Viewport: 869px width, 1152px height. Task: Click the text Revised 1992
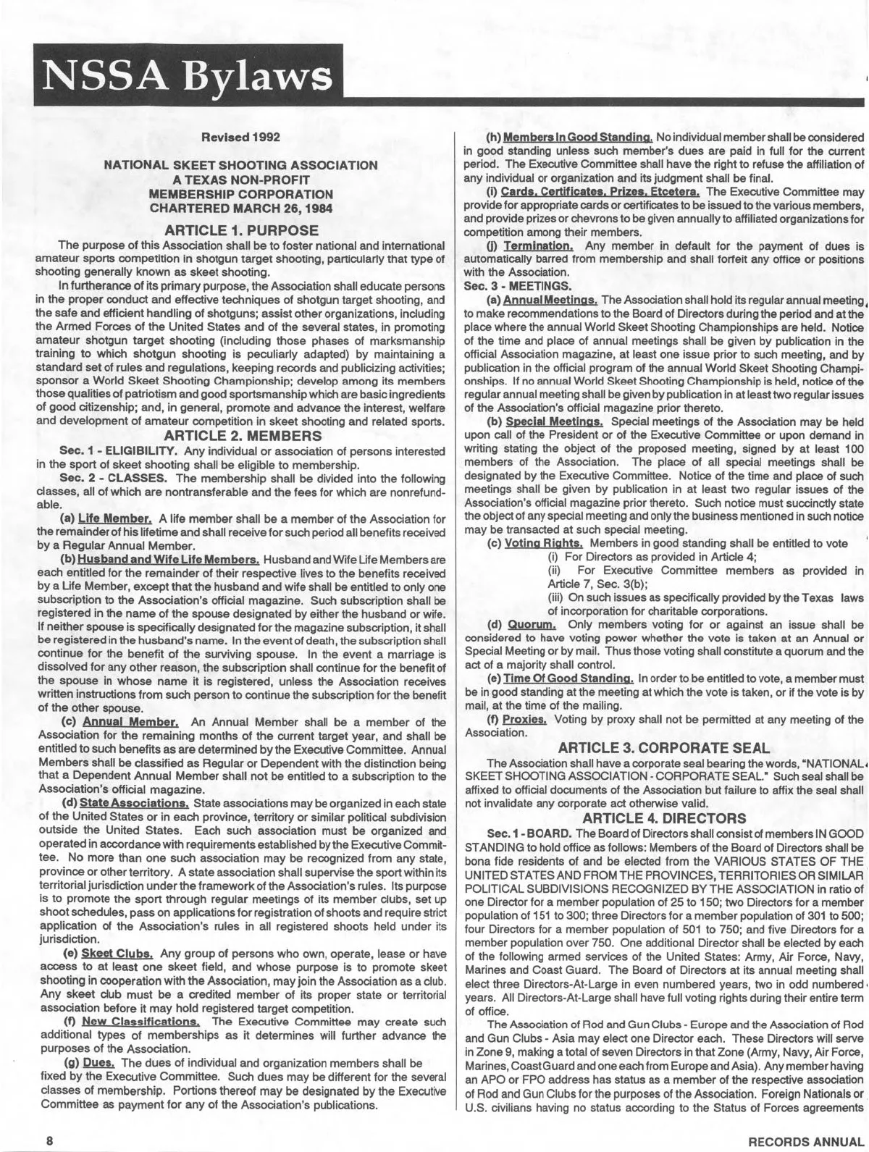point(240,137)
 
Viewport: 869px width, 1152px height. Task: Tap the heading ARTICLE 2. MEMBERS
point(241,435)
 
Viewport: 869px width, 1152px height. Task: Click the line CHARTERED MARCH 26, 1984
point(241,207)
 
